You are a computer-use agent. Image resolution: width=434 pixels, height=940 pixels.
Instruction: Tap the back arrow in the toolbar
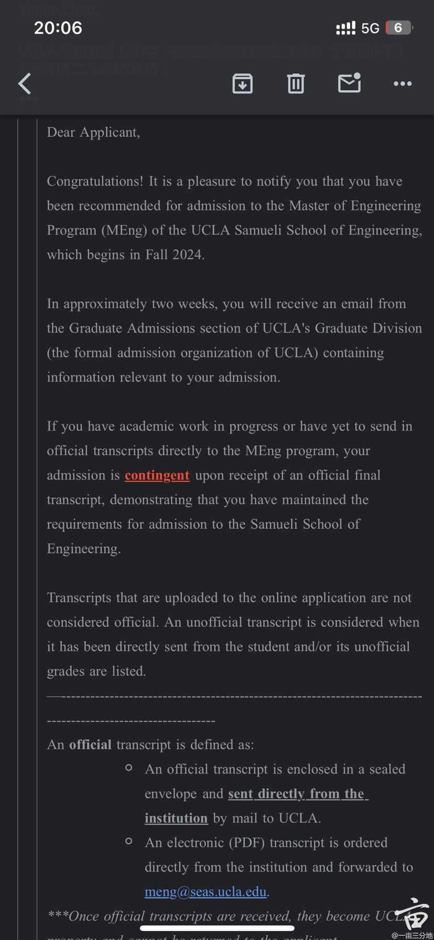click(25, 83)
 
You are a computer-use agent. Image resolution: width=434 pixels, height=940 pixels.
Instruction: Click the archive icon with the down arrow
click(242, 83)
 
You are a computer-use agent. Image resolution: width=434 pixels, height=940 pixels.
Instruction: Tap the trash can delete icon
click(296, 83)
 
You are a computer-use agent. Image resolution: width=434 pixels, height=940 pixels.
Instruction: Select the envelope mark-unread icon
click(349, 83)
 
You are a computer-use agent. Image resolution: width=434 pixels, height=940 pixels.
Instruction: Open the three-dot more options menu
click(403, 83)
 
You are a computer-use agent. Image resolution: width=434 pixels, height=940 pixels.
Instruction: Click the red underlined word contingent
click(157, 475)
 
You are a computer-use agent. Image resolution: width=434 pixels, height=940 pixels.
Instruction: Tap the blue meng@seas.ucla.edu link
click(206, 892)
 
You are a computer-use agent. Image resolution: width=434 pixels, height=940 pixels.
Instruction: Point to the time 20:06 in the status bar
click(58, 28)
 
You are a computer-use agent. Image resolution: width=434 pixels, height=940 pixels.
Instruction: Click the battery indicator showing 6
click(399, 28)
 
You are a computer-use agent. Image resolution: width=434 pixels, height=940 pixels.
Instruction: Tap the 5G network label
click(370, 28)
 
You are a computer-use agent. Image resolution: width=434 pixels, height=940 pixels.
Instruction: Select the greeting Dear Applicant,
click(93, 133)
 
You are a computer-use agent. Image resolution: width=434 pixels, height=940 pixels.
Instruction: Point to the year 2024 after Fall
click(188, 255)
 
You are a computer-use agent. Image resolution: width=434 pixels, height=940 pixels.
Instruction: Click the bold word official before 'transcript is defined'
click(90, 745)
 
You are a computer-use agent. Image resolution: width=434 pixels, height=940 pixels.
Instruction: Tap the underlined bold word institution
click(176, 818)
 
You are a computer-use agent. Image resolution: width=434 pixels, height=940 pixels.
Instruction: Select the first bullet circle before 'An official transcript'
click(129, 768)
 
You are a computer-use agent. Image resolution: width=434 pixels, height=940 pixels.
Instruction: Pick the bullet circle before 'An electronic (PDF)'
click(129, 841)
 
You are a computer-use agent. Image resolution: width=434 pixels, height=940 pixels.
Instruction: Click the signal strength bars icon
click(345, 28)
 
